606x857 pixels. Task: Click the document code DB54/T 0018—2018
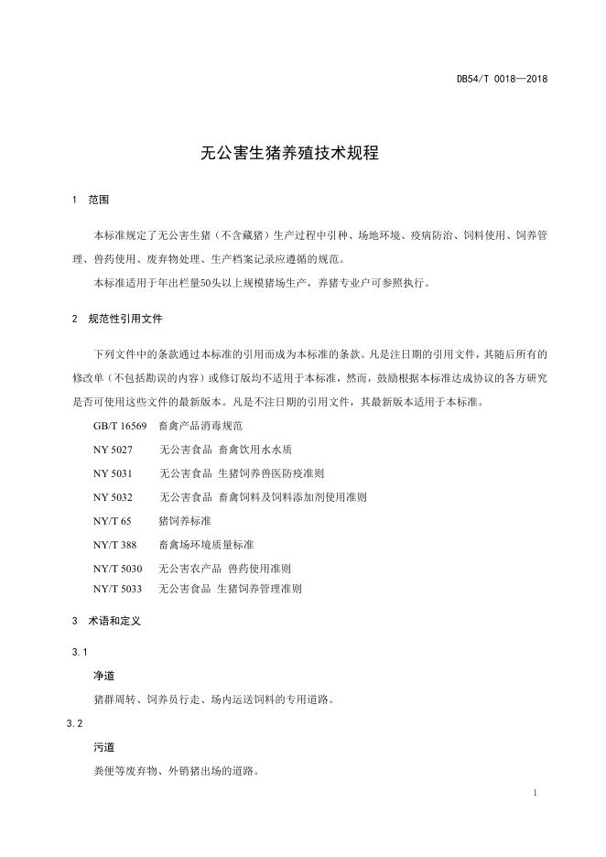point(502,79)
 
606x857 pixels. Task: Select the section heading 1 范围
point(90,200)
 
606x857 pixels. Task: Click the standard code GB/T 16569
point(120,427)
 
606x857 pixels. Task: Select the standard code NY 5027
point(113,450)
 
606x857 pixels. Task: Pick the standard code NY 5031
point(113,473)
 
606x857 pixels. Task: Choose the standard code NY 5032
point(113,496)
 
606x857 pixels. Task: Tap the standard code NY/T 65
point(112,520)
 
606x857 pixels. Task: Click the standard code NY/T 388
point(114,544)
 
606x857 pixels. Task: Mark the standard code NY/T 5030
point(117,569)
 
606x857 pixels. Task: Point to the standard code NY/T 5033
point(117,590)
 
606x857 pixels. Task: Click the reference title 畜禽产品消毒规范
point(200,427)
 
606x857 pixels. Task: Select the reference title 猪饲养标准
point(185,520)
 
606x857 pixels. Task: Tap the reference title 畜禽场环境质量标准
point(206,544)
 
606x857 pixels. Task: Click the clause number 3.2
point(75,723)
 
